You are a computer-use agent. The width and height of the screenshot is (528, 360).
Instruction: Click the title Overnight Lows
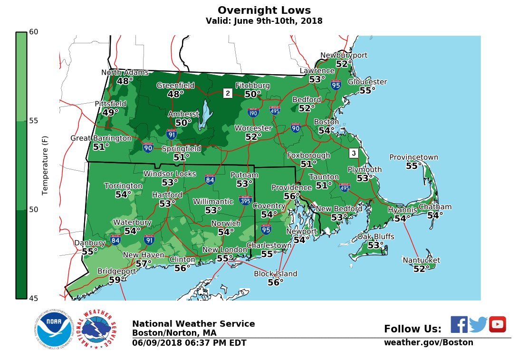click(x=264, y=10)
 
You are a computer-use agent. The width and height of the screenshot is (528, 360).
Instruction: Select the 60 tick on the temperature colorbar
click(x=33, y=32)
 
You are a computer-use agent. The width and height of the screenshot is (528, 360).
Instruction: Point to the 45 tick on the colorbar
click(x=33, y=298)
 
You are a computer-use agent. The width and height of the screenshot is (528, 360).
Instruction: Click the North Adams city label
click(x=125, y=73)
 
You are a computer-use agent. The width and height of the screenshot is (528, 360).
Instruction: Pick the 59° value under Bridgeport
click(x=115, y=280)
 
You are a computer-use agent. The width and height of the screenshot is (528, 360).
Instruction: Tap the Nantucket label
click(x=421, y=260)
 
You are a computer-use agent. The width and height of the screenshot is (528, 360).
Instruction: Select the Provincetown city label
click(x=413, y=157)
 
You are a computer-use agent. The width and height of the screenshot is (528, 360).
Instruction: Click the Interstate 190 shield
click(x=253, y=113)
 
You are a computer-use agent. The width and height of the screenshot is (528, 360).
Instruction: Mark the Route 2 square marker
click(x=228, y=93)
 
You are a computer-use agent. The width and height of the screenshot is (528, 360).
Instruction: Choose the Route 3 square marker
click(x=353, y=153)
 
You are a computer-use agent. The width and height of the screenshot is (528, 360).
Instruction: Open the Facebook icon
click(x=459, y=324)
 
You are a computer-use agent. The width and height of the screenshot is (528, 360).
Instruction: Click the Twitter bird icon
click(x=478, y=324)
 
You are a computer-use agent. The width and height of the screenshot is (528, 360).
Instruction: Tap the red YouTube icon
click(x=498, y=324)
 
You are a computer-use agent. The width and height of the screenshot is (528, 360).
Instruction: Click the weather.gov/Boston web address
click(x=428, y=342)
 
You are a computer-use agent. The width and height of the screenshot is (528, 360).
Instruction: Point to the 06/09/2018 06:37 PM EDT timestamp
click(x=189, y=343)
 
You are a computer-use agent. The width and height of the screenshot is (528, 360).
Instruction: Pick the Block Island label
click(x=275, y=274)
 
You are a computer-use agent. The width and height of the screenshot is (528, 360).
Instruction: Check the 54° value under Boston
click(x=326, y=130)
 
